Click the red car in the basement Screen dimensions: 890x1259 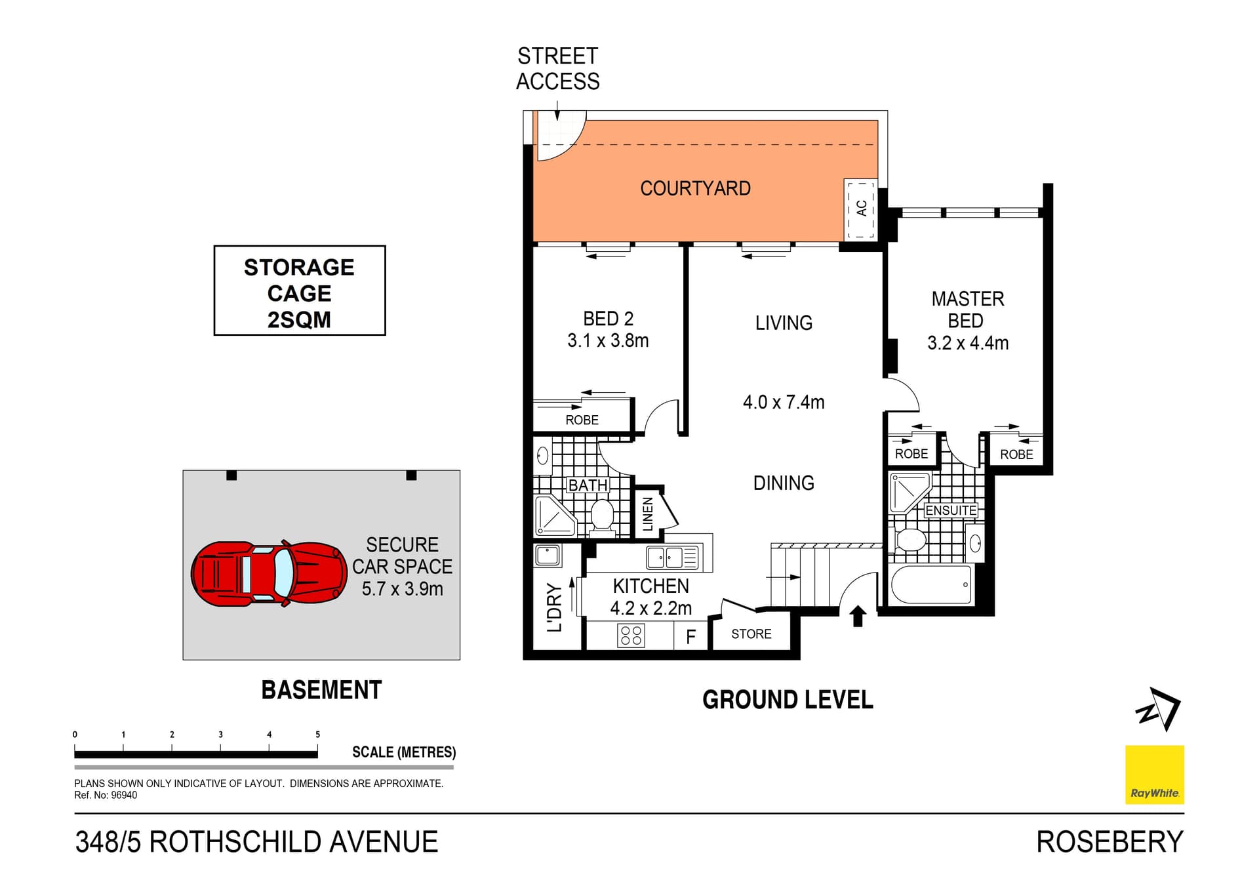(x=269, y=574)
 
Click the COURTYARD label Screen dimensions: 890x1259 (x=695, y=189)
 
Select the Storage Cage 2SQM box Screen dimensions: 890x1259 (x=300, y=291)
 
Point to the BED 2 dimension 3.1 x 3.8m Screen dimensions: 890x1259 (x=608, y=341)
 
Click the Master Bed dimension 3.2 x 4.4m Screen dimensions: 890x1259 (x=967, y=343)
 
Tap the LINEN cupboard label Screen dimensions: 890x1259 (x=648, y=514)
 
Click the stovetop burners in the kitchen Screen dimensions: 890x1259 (x=631, y=635)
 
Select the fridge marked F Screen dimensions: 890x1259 (x=690, y=637)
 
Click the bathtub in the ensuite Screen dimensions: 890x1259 (x=931, y=584)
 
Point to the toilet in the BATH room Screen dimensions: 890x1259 (x=602, y=515)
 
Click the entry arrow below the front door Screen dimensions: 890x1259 (x=858, y=616)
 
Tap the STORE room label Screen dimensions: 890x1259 (x=751, y=634)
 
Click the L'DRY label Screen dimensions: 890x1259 (x=555, y=607)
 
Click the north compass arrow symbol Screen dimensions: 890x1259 (x=1159, y=709)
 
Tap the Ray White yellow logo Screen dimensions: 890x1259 (x=1154, y=775)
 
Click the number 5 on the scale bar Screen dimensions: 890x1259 (x=317, y=735)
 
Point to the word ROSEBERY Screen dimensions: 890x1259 (x=1109, y=842)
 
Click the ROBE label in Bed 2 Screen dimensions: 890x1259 (x=582, y=420)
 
